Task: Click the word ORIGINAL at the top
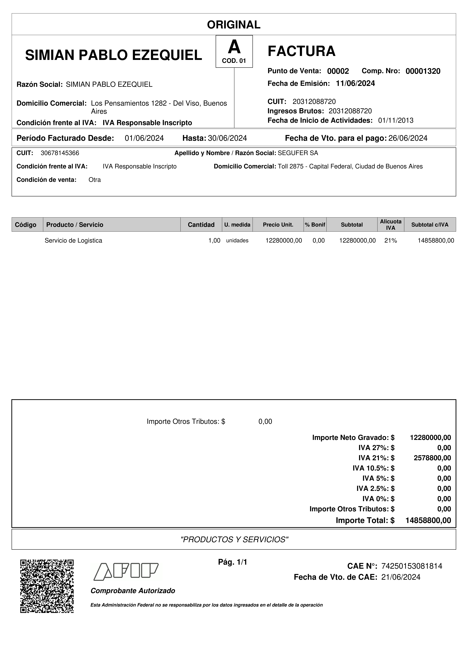(234, 25)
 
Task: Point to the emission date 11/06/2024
(355, 83)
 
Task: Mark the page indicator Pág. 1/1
(233, 562)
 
